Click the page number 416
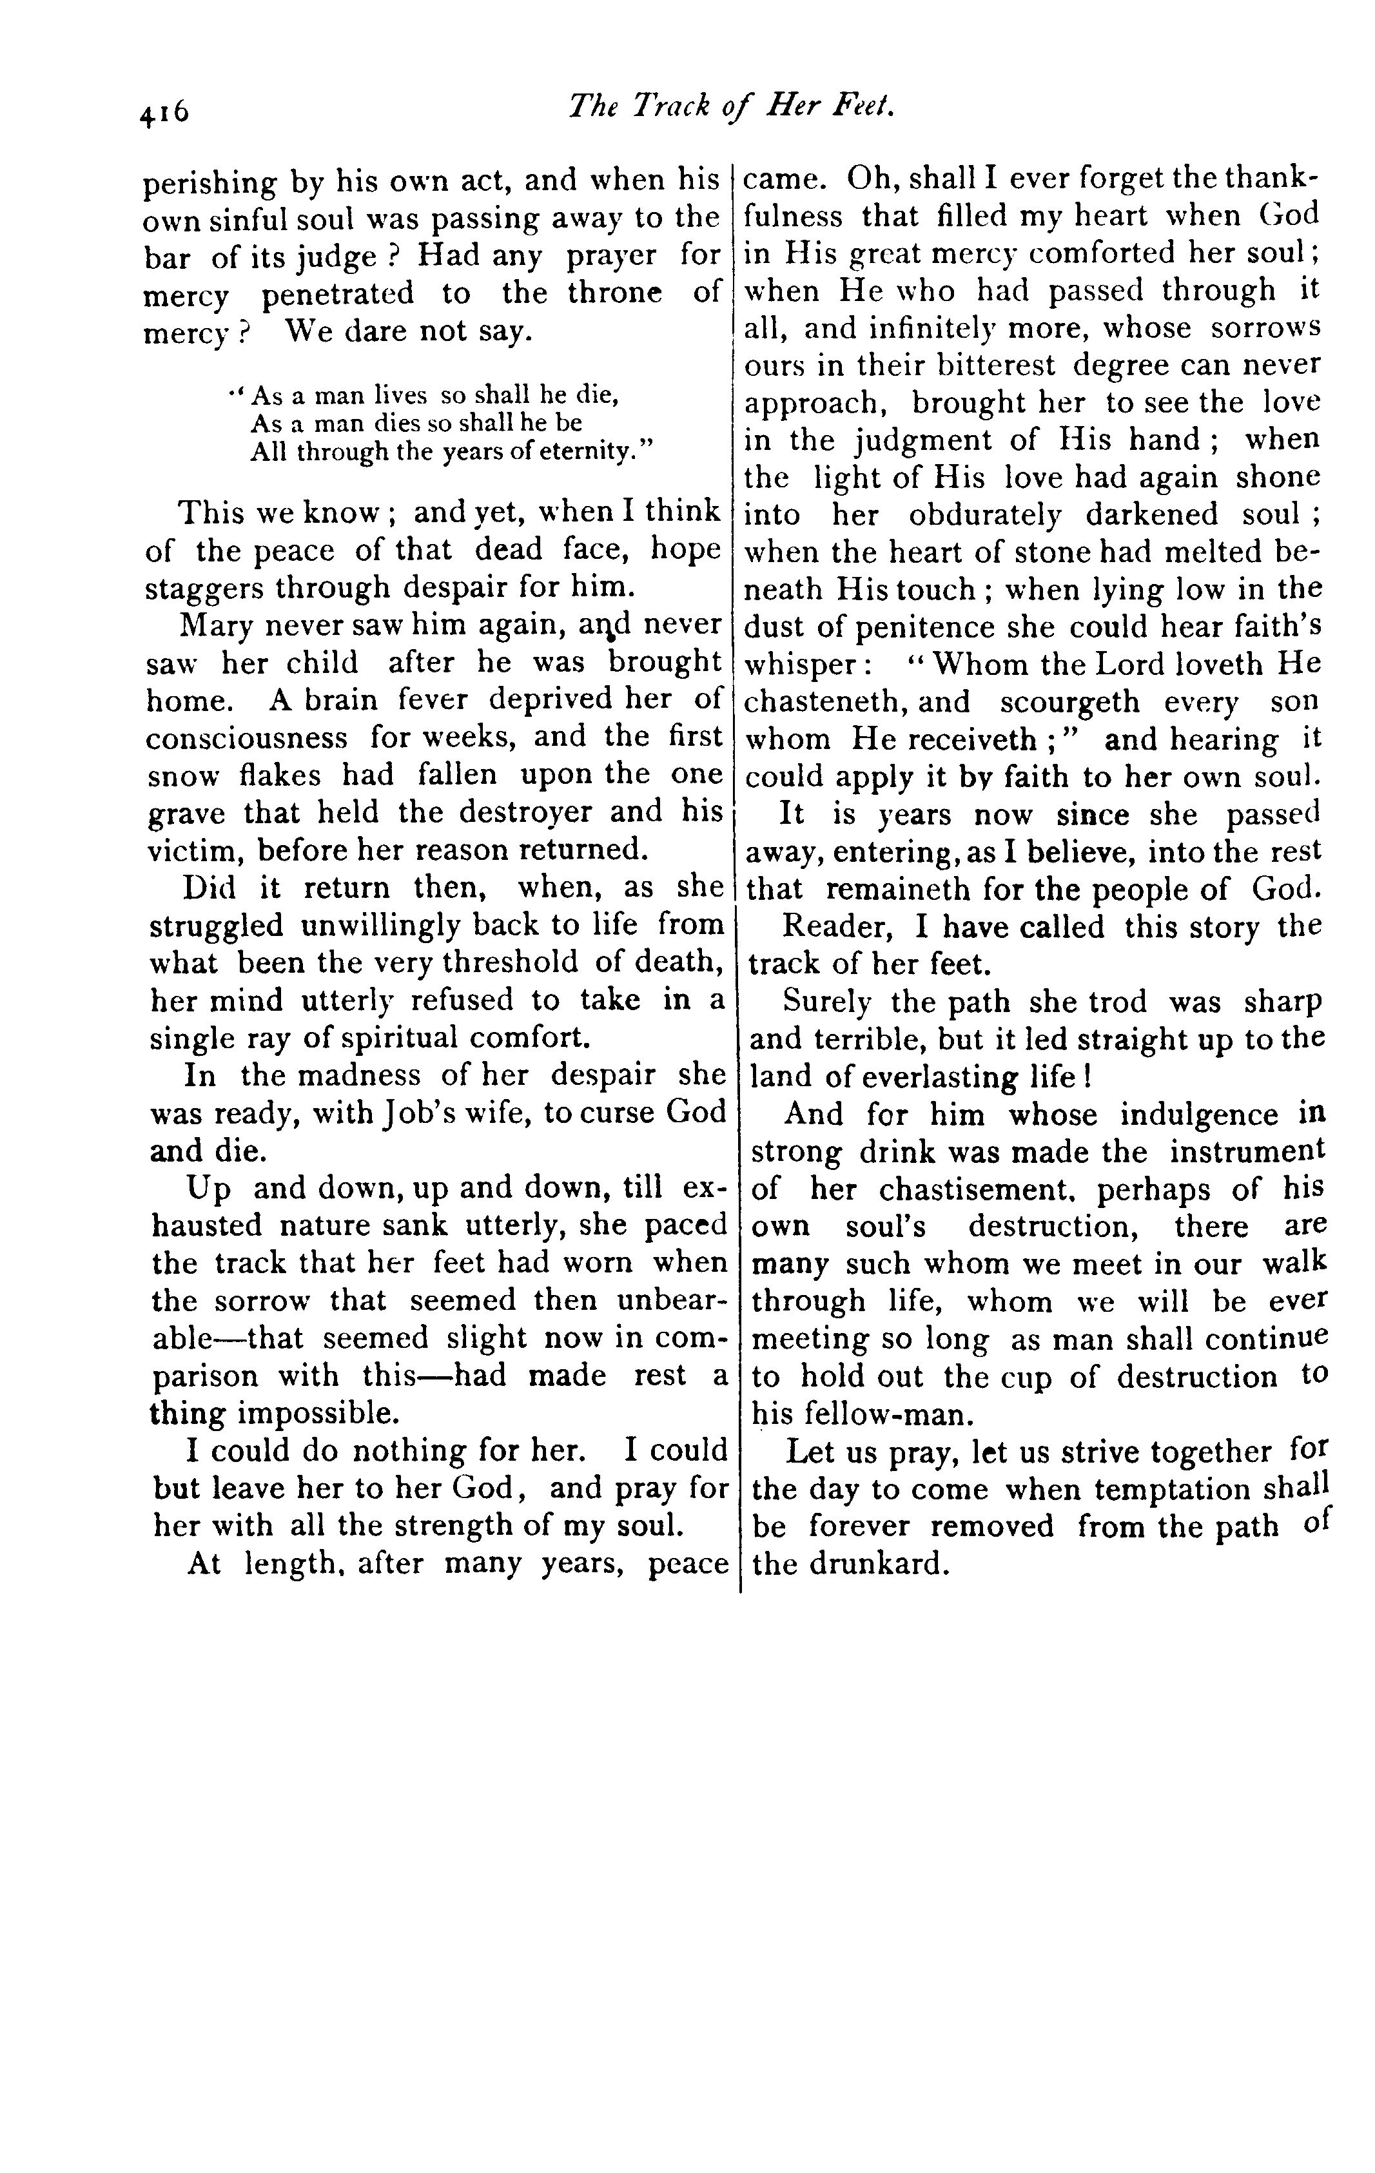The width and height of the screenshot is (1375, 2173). [164, 112]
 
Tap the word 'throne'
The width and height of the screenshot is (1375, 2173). [614, 294]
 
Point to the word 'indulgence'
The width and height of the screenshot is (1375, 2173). [1198, 1115]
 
